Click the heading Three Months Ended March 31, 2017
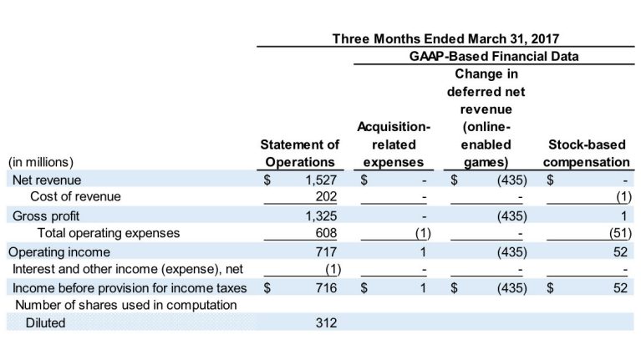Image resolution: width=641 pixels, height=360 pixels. click(x=445, y=38)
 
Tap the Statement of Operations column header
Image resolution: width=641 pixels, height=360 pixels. click(x=300, y=155)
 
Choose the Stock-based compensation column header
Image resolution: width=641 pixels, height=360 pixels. click(x=587, y=155)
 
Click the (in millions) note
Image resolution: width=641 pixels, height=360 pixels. click(x=41, y=162)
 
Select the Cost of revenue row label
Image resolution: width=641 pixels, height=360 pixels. click(x=75, y=197)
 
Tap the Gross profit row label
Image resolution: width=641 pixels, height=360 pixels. click(x=40, y=215)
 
